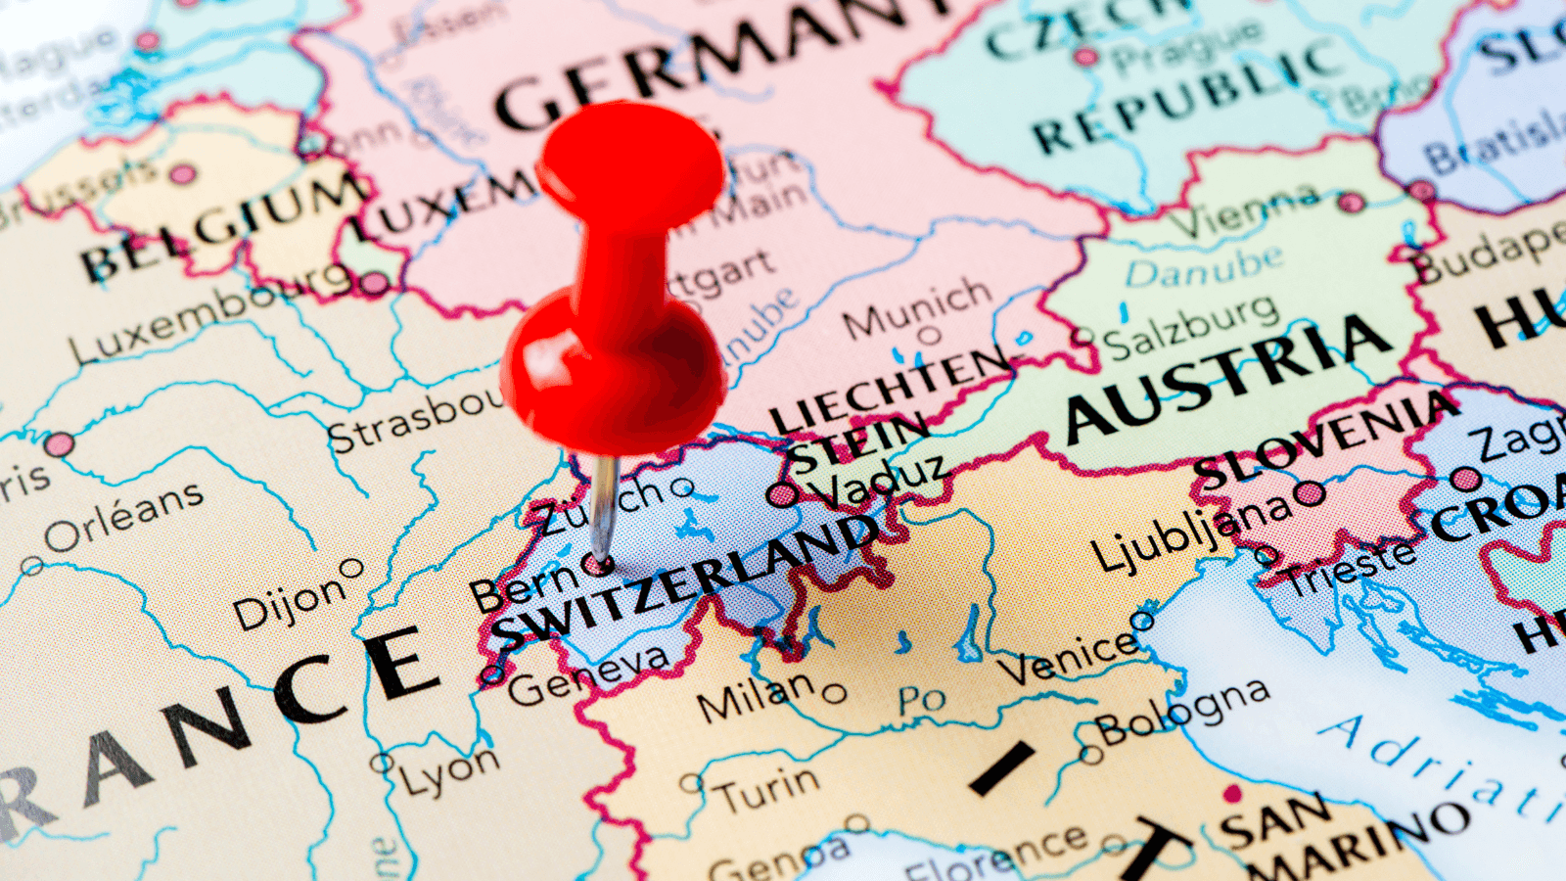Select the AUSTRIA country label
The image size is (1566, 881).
click(x=1228, y=377)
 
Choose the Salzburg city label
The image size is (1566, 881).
click(x=1190, y=329)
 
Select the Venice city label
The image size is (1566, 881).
click(x=1067, y=657)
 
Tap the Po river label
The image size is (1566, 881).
click(x=921, y=699)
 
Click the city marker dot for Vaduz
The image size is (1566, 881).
click(x=782, y=494)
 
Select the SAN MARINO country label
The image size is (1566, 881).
click(x=1341, y=832)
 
